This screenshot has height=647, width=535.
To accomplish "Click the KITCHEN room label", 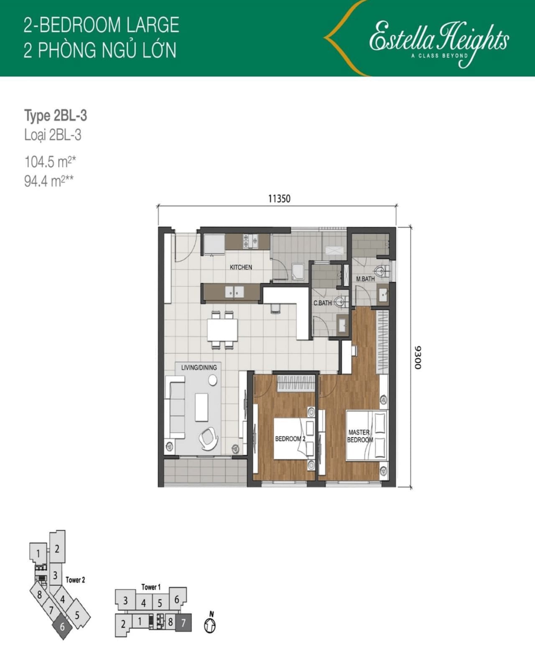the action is coord(241,267).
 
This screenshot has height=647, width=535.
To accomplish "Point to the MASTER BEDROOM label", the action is coord(360,436).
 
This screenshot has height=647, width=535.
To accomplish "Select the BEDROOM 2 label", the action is coord(290,439).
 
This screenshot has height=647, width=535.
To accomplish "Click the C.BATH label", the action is coord(322,303).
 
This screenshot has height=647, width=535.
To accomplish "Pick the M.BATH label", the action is coord(365,279).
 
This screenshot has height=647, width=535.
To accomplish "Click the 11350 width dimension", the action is coord(279,199).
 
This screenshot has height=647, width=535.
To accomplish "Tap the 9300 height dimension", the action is coord(418,357).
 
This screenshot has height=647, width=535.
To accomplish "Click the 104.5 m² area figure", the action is coord(50,162).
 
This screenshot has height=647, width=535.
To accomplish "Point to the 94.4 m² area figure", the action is coord(49,181).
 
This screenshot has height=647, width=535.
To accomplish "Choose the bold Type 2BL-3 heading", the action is coord(56,116).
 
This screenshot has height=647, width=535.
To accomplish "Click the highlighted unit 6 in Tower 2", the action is coord(63,626).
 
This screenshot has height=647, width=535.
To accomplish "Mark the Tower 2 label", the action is coord(75,580).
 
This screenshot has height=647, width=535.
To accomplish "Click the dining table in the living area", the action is coord(222,330).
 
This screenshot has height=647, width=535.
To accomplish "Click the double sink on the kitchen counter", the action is coord(234,292).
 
